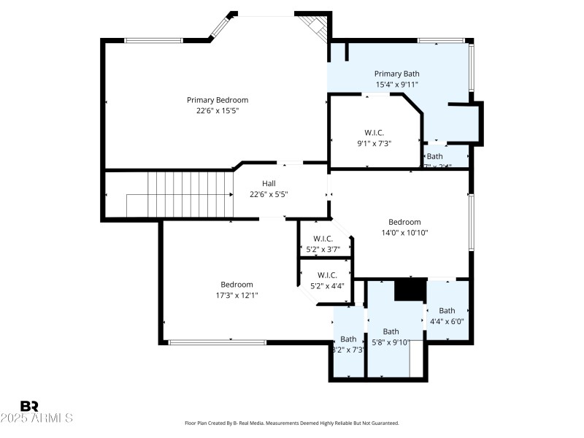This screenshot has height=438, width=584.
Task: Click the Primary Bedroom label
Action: coord(218,100)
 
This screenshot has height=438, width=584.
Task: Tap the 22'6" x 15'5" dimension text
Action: coord(218,111)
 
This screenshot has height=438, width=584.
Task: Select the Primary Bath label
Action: coord(397,74)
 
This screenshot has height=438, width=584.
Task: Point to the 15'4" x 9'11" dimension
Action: coord(397,85)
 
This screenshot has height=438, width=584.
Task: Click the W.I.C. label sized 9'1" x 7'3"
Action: coord(374,133)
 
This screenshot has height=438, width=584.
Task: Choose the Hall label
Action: coord(269,184)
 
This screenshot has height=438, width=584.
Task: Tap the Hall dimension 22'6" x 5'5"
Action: coord(269,195)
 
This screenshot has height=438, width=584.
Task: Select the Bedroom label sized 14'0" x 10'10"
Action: coord(404,222)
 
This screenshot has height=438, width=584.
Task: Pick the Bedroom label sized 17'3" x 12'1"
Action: coord(237,285)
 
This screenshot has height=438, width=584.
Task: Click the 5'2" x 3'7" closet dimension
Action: coord(323,250)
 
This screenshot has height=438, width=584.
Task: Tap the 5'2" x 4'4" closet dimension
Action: coord(323,286)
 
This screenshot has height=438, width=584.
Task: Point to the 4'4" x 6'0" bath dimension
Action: coord(447,321)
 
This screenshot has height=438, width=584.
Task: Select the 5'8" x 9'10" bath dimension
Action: coord(391,342)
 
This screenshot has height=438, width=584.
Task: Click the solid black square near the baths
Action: coord(410,290)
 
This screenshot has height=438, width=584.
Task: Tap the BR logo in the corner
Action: coord(30,406)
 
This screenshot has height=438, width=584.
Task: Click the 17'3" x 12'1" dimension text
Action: coord(237,296)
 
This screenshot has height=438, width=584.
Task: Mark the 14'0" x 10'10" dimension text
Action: coord(404,233)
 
